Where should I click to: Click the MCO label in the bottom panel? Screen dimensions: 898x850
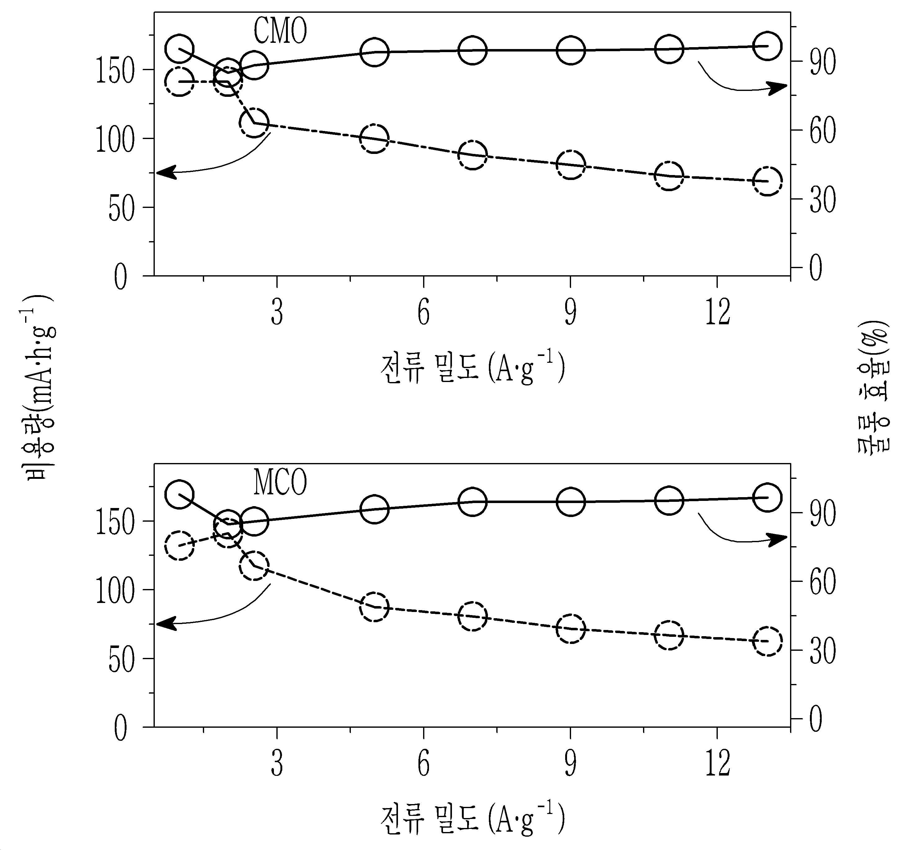click(x=280, y=483)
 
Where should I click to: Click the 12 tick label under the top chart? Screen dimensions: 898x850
click(x=718, y=312)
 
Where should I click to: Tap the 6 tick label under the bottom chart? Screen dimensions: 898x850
click(x=423, y=764)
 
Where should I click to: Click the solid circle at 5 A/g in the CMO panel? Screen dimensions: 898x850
click(x=374, y=52)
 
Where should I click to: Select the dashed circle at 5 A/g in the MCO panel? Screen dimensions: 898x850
click(x=374, y=607)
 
